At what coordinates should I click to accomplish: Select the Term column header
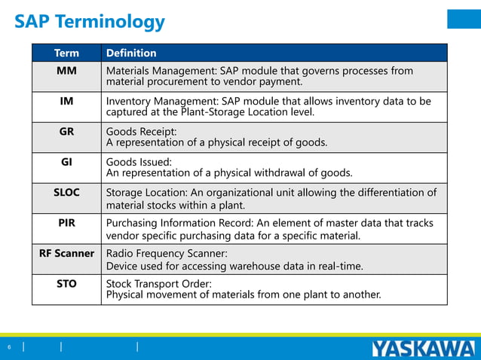click(66, 53)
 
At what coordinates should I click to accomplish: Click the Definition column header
click(131, 53)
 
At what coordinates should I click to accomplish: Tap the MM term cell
click(66, 71)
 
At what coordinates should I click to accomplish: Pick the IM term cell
click(66, 101)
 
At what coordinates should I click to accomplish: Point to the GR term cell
click(66, 131)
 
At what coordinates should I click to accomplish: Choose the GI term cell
click(66, 161)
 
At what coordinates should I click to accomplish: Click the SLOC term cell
click(66, 192)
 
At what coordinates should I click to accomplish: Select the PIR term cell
click(66, 223)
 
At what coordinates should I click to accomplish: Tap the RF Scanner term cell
click(66, 253)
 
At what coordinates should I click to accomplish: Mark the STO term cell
click(66, 284)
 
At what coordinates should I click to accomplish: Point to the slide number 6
click(10, 347)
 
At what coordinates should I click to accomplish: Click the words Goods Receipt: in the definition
click(141, 132)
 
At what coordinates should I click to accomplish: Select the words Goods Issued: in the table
click(139, 162)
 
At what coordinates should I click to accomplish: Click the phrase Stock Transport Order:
click(159, 284)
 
